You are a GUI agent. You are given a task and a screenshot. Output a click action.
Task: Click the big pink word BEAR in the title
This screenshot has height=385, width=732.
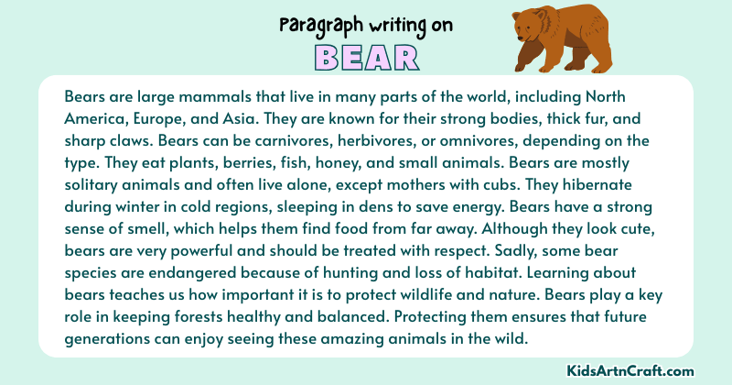click(366, 57)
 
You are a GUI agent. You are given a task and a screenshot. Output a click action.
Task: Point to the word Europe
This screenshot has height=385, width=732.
click(156, 119)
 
